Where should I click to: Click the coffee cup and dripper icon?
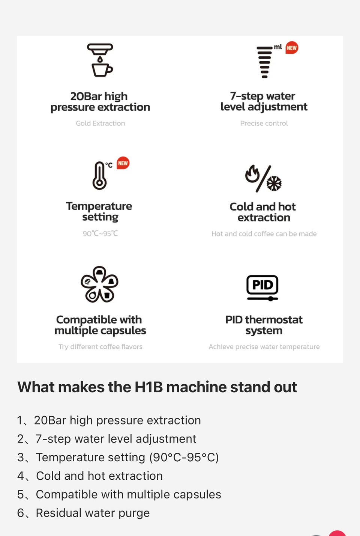tap(100, 60)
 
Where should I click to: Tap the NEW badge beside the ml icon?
tap(292, 48)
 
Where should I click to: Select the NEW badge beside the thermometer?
tap(123, 163)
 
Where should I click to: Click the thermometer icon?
tap(100, 175)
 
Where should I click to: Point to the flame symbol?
tap(252, 174)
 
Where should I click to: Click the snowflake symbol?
tap(274, 184)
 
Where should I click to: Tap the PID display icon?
tap(262, 288)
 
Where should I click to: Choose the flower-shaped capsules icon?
tap(99, 284)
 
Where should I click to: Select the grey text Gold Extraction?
tap(100, 123)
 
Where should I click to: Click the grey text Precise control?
tap(264, 123)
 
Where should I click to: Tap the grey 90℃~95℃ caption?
tap(100, 233)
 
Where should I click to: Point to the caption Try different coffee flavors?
tap(100, 347)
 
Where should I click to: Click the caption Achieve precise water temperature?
tap(264, 347)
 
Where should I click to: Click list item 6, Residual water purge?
tap(83, 513)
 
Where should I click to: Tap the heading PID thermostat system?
tap(264, 325)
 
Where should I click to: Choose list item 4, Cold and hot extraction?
tap(90, 476)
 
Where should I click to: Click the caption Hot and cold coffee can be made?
tap(264, 233)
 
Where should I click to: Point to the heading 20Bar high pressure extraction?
tap(100, 102)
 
